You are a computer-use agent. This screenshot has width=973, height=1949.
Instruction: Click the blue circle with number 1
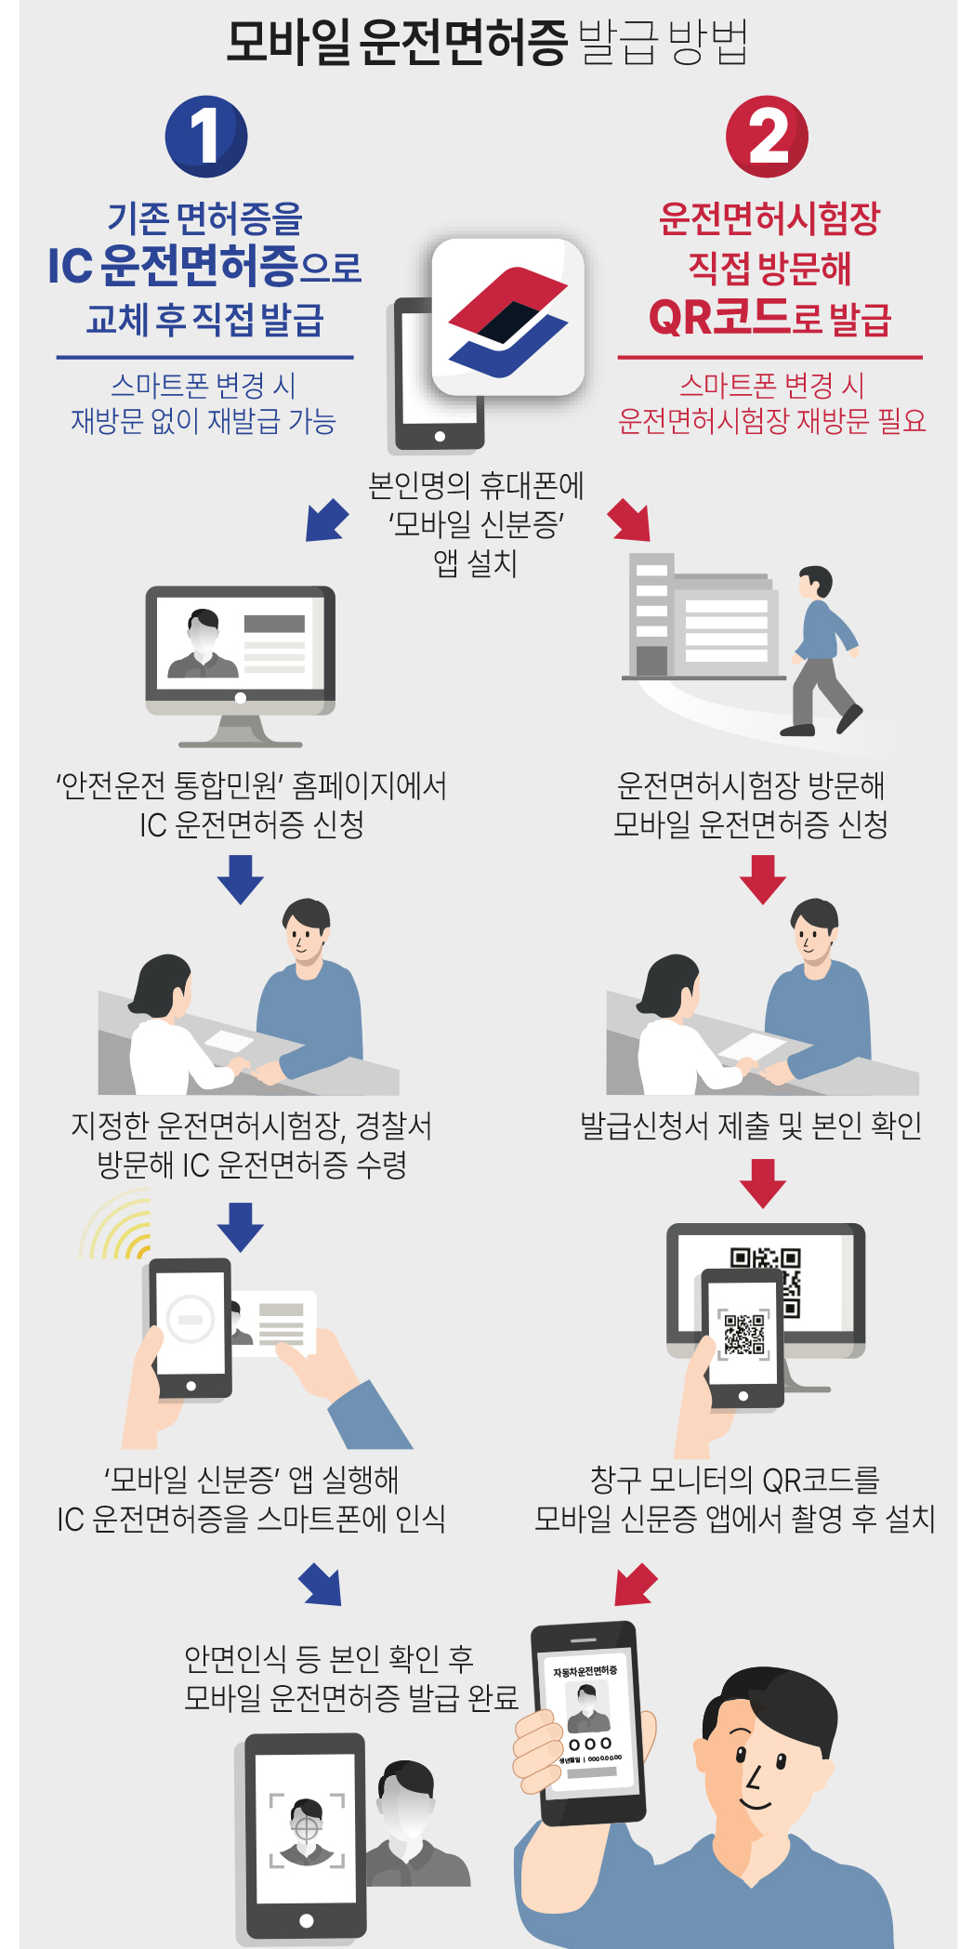pyautogui.click(x=206, y=136)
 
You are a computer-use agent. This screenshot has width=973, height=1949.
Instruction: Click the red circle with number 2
pyautogui.click(x=767, y=136)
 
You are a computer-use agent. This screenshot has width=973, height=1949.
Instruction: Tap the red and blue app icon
pyautogui.click(x=507, y=317)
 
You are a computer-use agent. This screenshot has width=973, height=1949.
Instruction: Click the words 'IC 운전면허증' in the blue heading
pyautogui.click(x=173, y=266)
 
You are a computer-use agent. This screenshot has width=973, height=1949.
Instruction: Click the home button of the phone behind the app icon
pyautogui.click(x=440, y=436)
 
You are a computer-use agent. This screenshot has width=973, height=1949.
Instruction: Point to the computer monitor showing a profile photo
pyautogui.click(x=240, y=651)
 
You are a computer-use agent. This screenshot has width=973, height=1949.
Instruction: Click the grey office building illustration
pyautogui.click(x=702, y=618)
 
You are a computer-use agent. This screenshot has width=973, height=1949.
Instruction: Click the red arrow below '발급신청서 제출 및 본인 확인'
pyautogui.click(x=763, y=1182)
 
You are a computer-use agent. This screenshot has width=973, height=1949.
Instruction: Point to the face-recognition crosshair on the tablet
pyautogui.click(x=306, y=1826)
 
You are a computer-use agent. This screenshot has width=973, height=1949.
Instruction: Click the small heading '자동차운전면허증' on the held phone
pyautogui.click(x=585, y=1671)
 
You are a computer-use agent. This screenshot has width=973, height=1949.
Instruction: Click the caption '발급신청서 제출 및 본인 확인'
pyautogui.click(x=751, y=1126)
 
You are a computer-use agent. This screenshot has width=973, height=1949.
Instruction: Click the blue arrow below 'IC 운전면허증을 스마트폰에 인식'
pyautogui.click(x=322, y=1584)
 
